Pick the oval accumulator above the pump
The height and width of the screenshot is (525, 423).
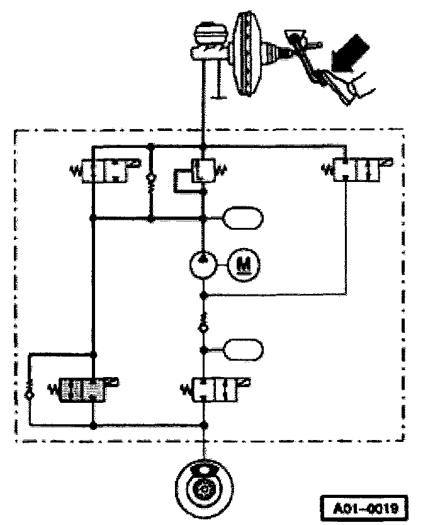[244, 219]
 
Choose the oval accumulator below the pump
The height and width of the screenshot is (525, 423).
[244, 349]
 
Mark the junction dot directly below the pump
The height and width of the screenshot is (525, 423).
[203, 294]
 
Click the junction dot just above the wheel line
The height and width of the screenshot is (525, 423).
[203, 425]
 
